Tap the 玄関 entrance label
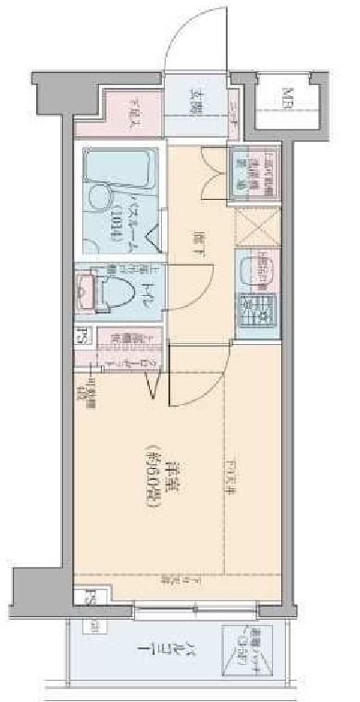[x=197, y=99]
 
